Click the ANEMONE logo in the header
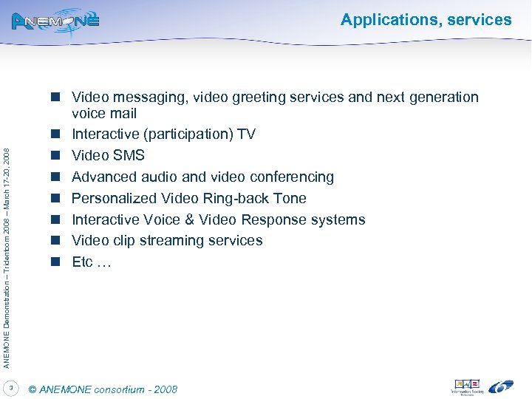[55, 21]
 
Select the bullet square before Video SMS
[55, 156]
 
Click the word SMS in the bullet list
[130, 156]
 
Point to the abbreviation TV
[247, 134]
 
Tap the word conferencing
[291, 177]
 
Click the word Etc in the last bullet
[82, 262]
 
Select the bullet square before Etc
[55, 262]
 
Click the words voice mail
[104, 114]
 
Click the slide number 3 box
[11, 387]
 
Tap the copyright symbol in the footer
[31, 389]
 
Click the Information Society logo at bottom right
[467, 387]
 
